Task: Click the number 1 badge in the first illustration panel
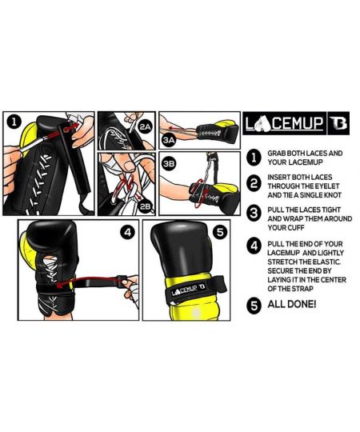(x=14, y=123)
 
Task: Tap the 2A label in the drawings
(x=144, y=127)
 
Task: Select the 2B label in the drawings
(x=144, y=206)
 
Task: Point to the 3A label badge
(x=169, y=139)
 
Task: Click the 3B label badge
(x=169, y=162)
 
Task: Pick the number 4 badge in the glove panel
(x=126, y=235)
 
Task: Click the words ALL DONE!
(x=294, y=304)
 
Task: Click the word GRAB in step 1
(x=278, y=152)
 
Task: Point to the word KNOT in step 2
(x=331, y=202)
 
